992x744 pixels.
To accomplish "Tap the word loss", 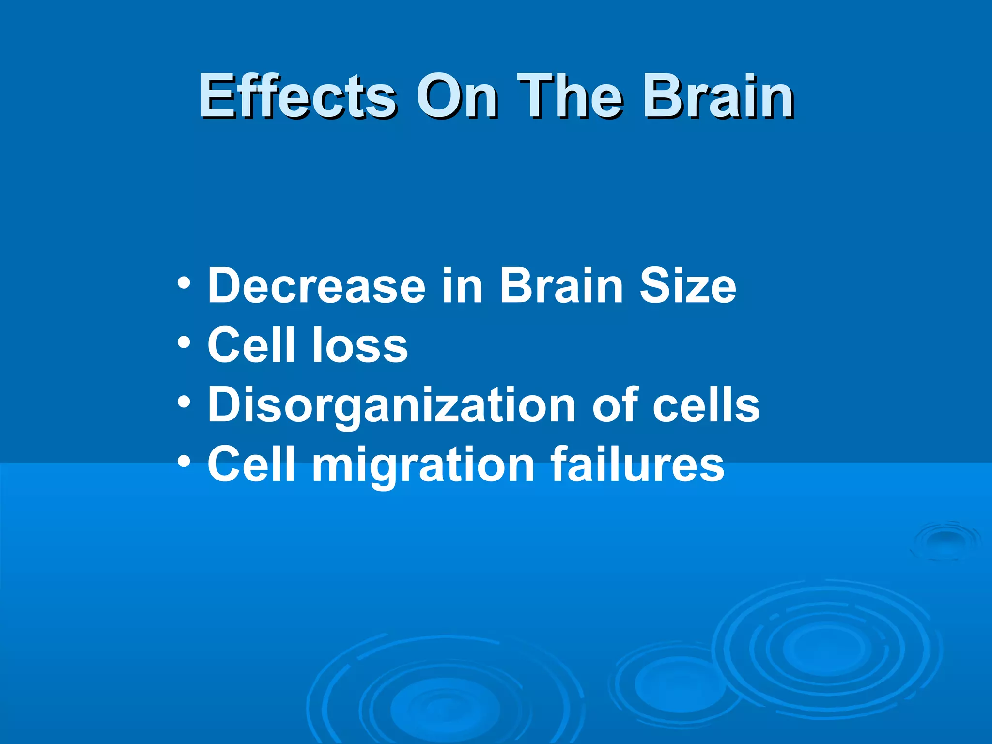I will click(x=360, y=344).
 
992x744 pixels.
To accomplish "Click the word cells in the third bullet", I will click(x=706, y=404).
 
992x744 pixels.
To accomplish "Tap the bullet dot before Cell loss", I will click(x=184, y=342).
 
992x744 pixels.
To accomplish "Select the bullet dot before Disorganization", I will click(x=184, y=402).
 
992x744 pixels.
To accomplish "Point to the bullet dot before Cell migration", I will click(x=184, y=462).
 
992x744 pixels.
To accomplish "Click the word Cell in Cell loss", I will click(x=251, y=344).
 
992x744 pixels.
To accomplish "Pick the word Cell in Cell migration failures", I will click(x=251, y=464).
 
